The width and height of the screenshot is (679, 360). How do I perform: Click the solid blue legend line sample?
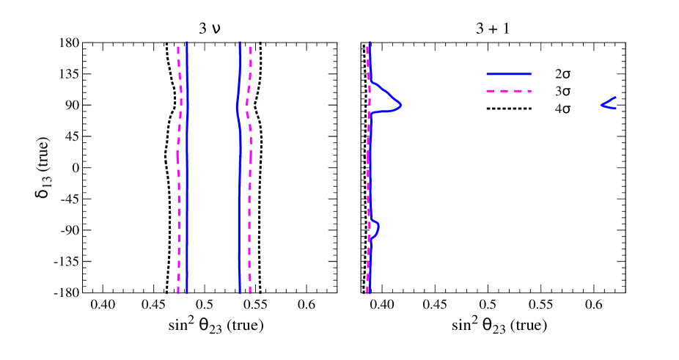tap(509, 74)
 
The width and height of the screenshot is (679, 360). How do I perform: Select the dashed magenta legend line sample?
tap(509, 92)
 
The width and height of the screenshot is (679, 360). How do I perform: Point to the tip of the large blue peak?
tap(400, 106)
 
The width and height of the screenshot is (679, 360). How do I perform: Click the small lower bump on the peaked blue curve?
tap(378, 229)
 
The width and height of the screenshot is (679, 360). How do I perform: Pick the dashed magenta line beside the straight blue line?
tap(178, 220)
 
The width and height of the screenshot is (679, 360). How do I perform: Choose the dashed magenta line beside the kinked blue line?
tap(250, 205)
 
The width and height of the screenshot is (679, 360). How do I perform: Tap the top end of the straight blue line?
tap(187, 43)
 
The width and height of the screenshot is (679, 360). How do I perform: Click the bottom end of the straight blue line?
tap(187, 293)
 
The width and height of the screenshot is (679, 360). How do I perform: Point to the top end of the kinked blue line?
tap(240, 43)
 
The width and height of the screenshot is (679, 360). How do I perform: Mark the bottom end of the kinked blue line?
tap(240, 293)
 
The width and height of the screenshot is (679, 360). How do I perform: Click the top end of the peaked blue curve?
tap(370, 43)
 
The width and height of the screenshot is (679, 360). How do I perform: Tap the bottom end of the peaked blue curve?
tap(369, 293)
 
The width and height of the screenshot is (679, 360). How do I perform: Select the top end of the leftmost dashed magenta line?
tap(178, 47)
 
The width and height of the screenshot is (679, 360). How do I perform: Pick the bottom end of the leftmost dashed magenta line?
tap(178, 293)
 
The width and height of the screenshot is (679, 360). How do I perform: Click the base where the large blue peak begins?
tap(371, 81)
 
